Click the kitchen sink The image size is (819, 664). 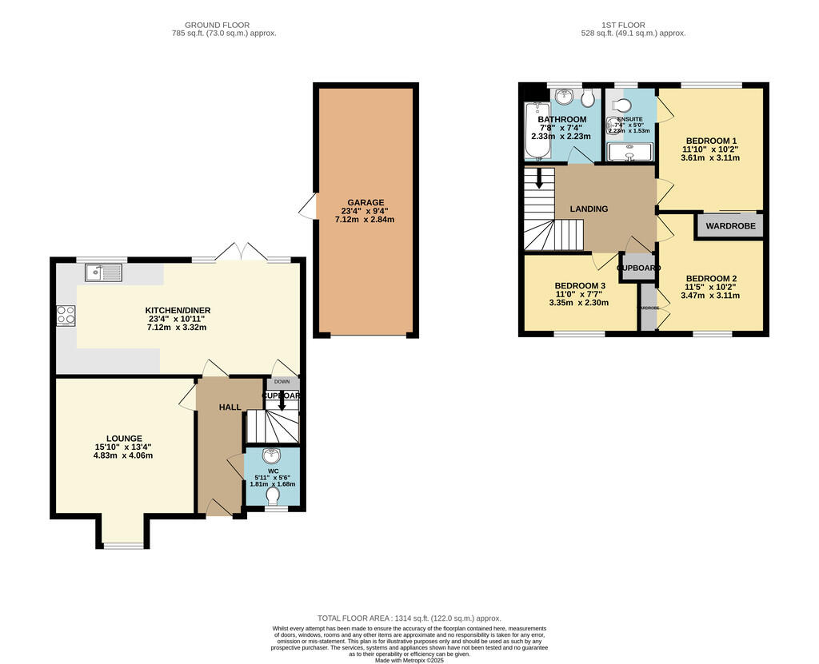point(104,273)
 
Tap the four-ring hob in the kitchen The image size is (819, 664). point(66,315)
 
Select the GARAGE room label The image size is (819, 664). point(366,202)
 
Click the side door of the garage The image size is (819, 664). point(308,209)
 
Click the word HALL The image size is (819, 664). point(230,408)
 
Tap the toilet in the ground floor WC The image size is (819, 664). point(273,497)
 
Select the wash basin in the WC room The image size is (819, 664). point(272,456)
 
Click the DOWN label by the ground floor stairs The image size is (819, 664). point(282,382)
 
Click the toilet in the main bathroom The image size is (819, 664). point(588,97)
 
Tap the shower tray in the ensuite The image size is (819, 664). point(629,151)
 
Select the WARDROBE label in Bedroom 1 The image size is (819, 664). point(732,226)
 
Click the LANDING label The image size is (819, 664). point(589,209)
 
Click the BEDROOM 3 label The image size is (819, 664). point(579,286)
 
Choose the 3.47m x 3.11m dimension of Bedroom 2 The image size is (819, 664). point(710,295)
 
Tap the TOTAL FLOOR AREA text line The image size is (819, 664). point(409,618)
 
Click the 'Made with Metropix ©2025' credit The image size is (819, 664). point(409,660)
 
